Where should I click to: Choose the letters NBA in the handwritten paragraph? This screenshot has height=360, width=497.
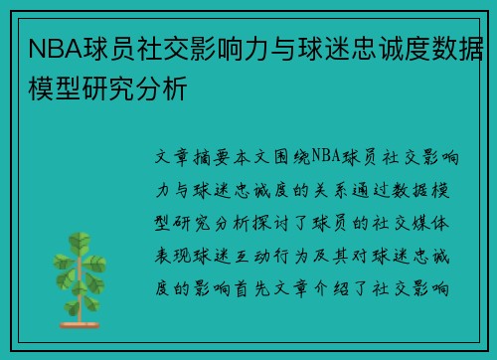point(326,158)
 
